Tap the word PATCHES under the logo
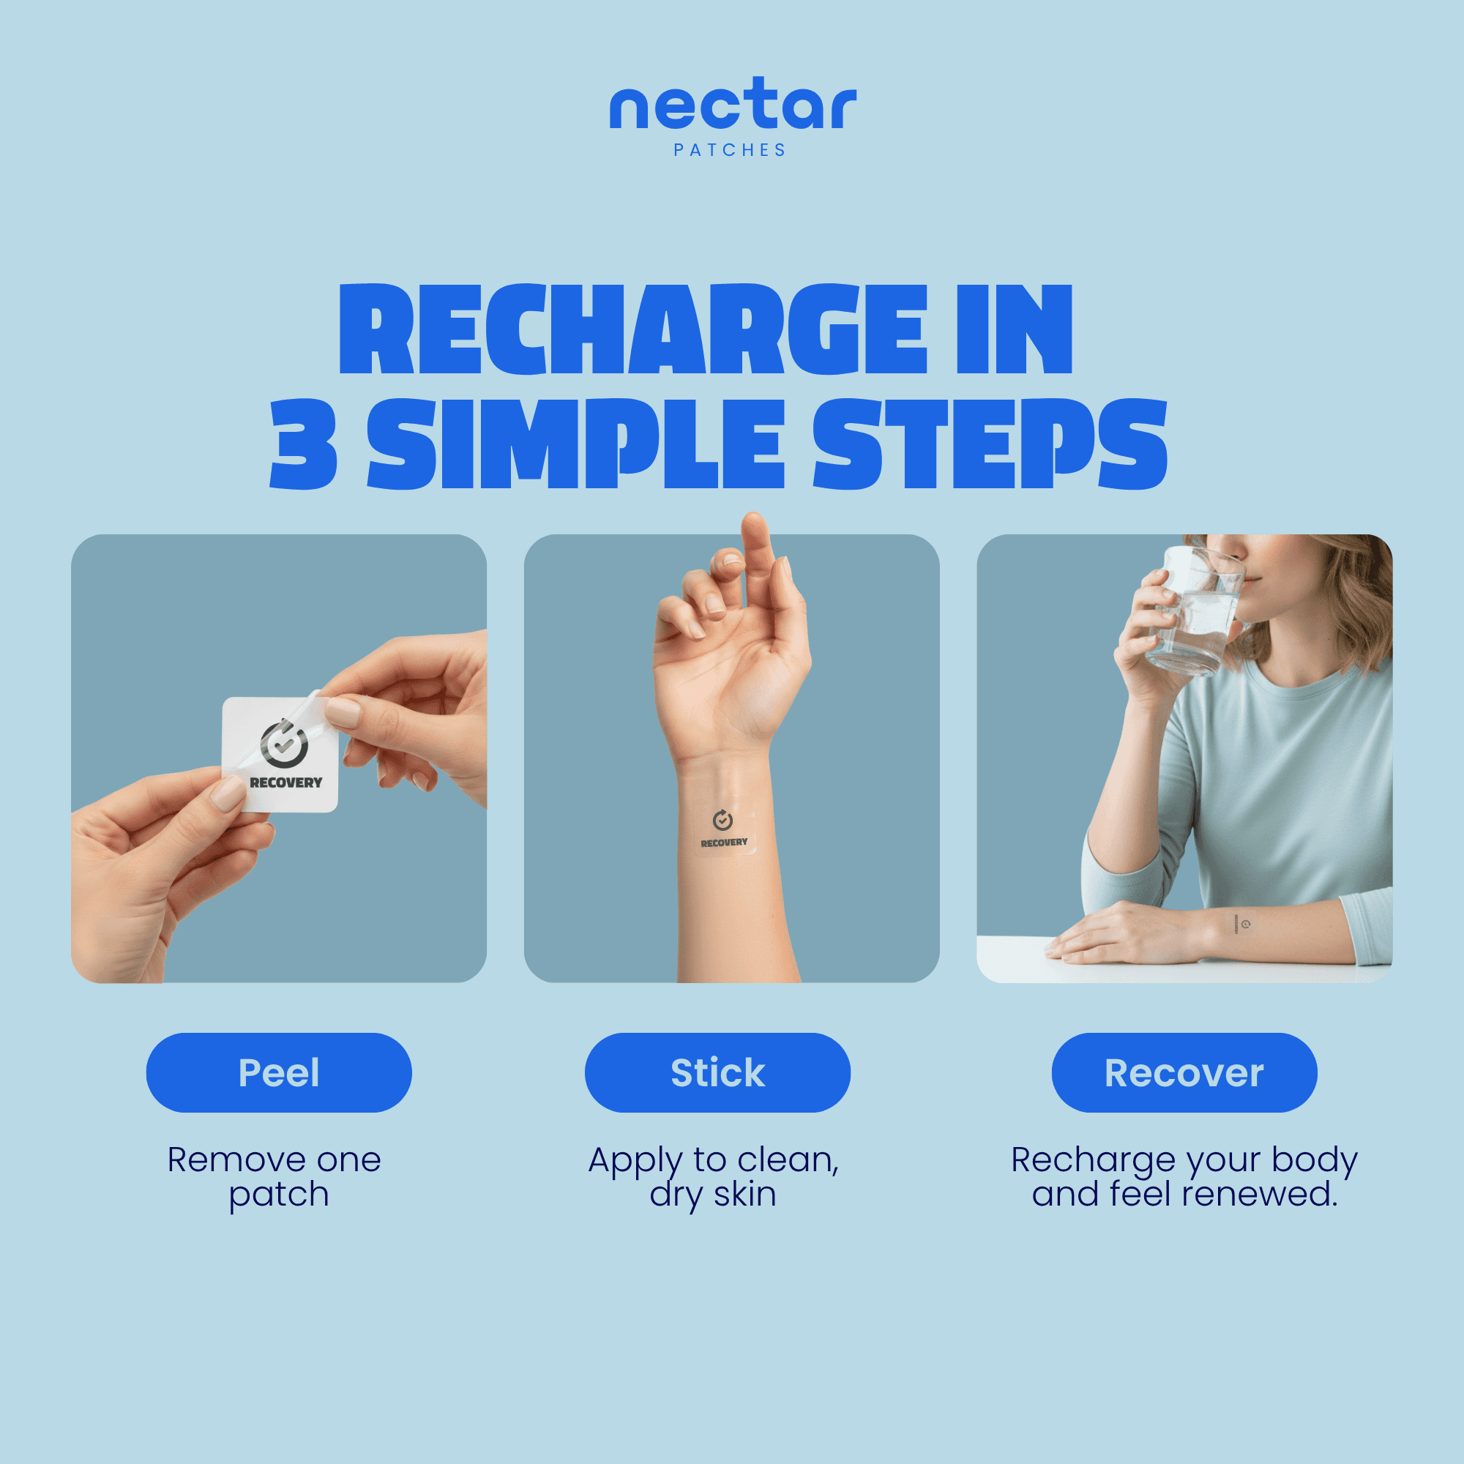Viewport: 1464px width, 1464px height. (x=730, y=150)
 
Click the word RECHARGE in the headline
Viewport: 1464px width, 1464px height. (x=633, y=329)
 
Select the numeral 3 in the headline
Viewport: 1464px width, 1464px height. (x=303, y=444)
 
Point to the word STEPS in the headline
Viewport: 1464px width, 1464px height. (x=990, y=444)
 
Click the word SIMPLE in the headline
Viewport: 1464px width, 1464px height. (x=576, y=444)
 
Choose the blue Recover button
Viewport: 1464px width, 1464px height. (x=1184, y=1072)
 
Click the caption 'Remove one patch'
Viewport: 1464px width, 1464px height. (x=274, y=1176)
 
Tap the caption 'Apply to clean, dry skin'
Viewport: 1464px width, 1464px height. (x=714, y=1176)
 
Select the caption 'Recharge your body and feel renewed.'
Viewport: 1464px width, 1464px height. (x=1184, y=1176)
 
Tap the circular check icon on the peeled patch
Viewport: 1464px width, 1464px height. (x=284, y=744)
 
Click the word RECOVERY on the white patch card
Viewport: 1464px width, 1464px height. (x=285, y=783)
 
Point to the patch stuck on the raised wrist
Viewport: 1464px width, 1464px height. (x=725, y=830)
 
